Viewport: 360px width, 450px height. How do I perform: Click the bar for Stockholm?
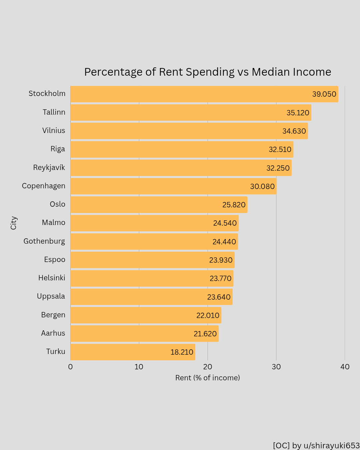click(x=204, y=94)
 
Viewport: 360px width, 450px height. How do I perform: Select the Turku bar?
click(x=133, y=352)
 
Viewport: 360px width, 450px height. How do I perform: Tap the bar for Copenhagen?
click(x=173, y=186)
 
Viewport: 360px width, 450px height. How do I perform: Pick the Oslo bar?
click(x=159, y=205)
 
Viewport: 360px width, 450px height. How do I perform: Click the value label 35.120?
click(x=298, y=113)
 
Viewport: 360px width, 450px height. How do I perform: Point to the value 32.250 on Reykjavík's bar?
click(x=278, y=168)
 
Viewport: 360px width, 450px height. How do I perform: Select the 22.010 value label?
click(x=208, y=315)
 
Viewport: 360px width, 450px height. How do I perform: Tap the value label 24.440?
click(x=224, y=242)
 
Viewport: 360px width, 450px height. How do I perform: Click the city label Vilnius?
click(x=54, y=131)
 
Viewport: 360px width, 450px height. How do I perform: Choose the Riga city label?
click(x=58, y=149)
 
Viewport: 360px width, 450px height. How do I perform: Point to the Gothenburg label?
click(x=44, y=241)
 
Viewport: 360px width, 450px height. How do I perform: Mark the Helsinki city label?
click(x=52, y=278)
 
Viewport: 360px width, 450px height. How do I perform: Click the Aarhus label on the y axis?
click(x=53, y=333)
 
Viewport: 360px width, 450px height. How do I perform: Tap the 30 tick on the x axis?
click(x=276, y=367)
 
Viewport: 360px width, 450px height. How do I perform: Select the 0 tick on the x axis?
click(x=70, y=367)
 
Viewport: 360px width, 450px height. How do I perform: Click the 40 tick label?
click(x=345, y=367)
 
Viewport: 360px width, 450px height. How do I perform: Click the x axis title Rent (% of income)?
click(x=207, y=378)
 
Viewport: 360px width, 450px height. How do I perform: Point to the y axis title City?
click(x=14, y=223)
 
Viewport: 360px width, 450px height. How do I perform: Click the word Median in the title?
click(x=270, y=72)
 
